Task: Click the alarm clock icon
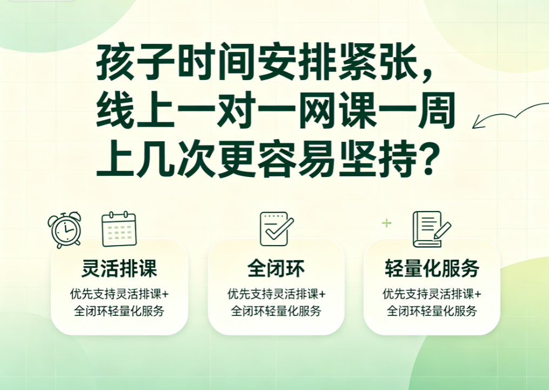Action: point(65,230)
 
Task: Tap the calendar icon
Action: point(119,229)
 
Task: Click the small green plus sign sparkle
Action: point(386,223)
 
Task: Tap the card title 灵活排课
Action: point(119,268)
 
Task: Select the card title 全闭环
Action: point(276,268)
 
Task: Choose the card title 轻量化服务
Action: point(432,268)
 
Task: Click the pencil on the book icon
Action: point(443,230)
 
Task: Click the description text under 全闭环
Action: point(276,302)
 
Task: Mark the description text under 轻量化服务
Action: point(432,302)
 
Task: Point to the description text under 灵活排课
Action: point(119,302)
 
